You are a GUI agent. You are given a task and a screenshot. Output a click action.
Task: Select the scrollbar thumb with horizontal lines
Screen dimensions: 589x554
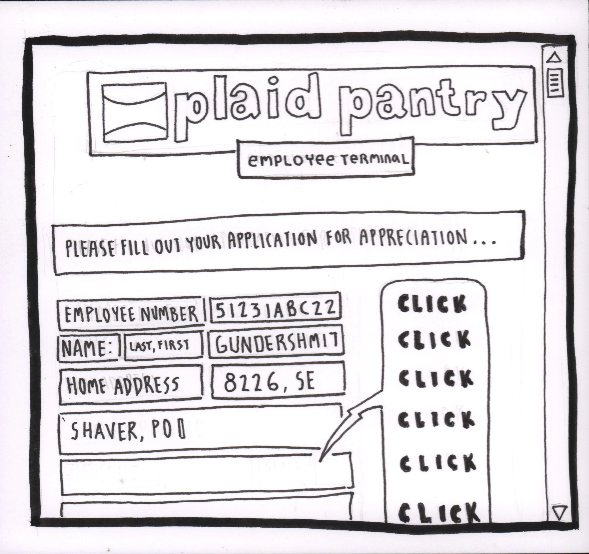(x=555, y=83)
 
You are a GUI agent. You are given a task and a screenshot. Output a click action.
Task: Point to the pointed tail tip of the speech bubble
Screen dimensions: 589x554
(x=320, y=461)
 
